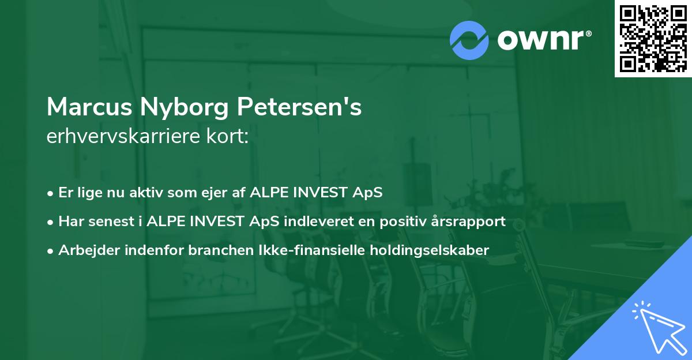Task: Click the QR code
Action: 653,38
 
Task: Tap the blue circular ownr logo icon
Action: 469,40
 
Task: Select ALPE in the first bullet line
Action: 267,193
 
